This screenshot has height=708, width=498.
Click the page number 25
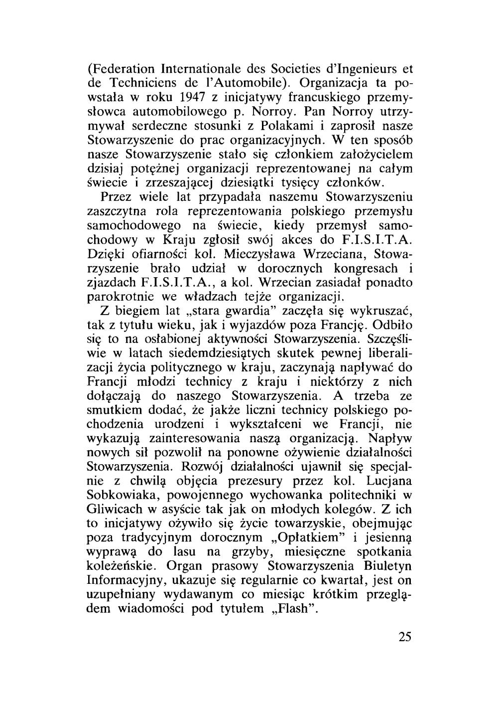(405, 637)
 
